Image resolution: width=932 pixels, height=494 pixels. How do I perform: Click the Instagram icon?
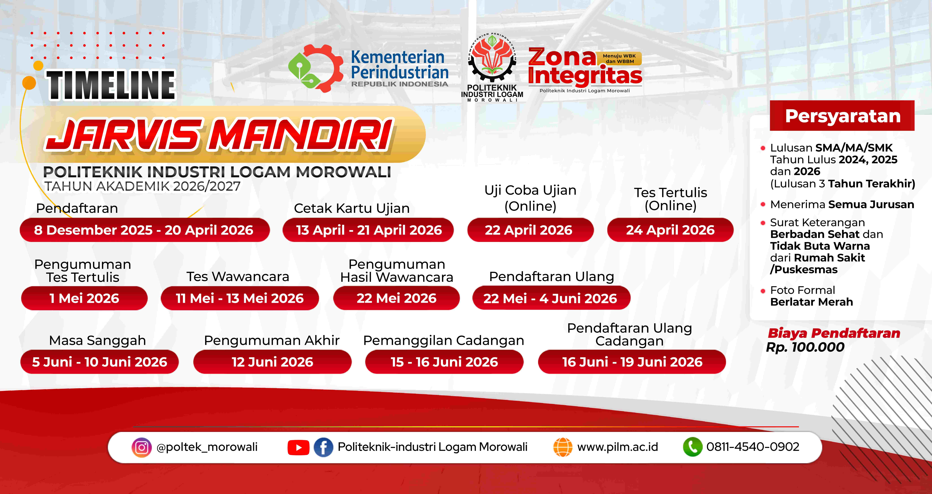(141, 447)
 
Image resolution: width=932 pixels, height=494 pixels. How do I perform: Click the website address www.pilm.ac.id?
(618, 447)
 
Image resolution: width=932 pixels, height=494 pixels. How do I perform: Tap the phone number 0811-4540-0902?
(753, 447)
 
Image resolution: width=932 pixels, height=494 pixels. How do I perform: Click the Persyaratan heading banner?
(842, 116)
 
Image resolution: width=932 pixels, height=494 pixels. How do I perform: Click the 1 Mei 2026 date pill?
(84, 298)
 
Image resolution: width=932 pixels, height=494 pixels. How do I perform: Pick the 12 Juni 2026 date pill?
(272, 362)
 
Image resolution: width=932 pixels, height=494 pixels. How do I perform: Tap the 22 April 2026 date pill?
(530, 230)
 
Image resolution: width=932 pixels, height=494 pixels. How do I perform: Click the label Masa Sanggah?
(97, 341)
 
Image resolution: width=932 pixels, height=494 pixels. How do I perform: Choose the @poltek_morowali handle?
(207, 447)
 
